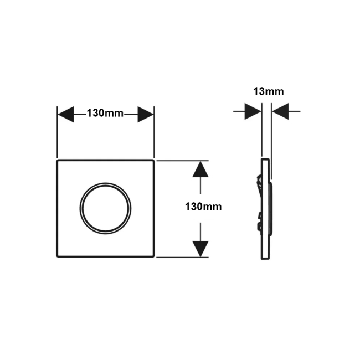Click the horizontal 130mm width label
click(x=105, y=114)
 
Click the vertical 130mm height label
click(x=203, y=207)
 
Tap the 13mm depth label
click(x=269, y=91)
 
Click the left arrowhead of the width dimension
click(x=66, y=114)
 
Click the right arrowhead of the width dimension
click(x=146, y=114)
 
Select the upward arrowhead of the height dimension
click(x=200, y=169)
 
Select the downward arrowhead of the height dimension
click(x=200, y=249)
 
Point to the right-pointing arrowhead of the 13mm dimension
click(x=253, y=111)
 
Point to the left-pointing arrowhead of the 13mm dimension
click(x=280, y=111)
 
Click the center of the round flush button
click(x=105, y=208)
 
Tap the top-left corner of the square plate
click(x=57, y=160)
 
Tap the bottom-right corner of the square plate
click(x=153, y=256)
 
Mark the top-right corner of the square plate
click(x=153, y=160)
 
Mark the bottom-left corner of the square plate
click(x=57, y=256)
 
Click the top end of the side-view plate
click(x=265, y=159)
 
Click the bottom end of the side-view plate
click(x=265, y=259)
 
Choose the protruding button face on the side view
click(x=271, y=208)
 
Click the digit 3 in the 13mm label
click(x=261, y=91)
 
